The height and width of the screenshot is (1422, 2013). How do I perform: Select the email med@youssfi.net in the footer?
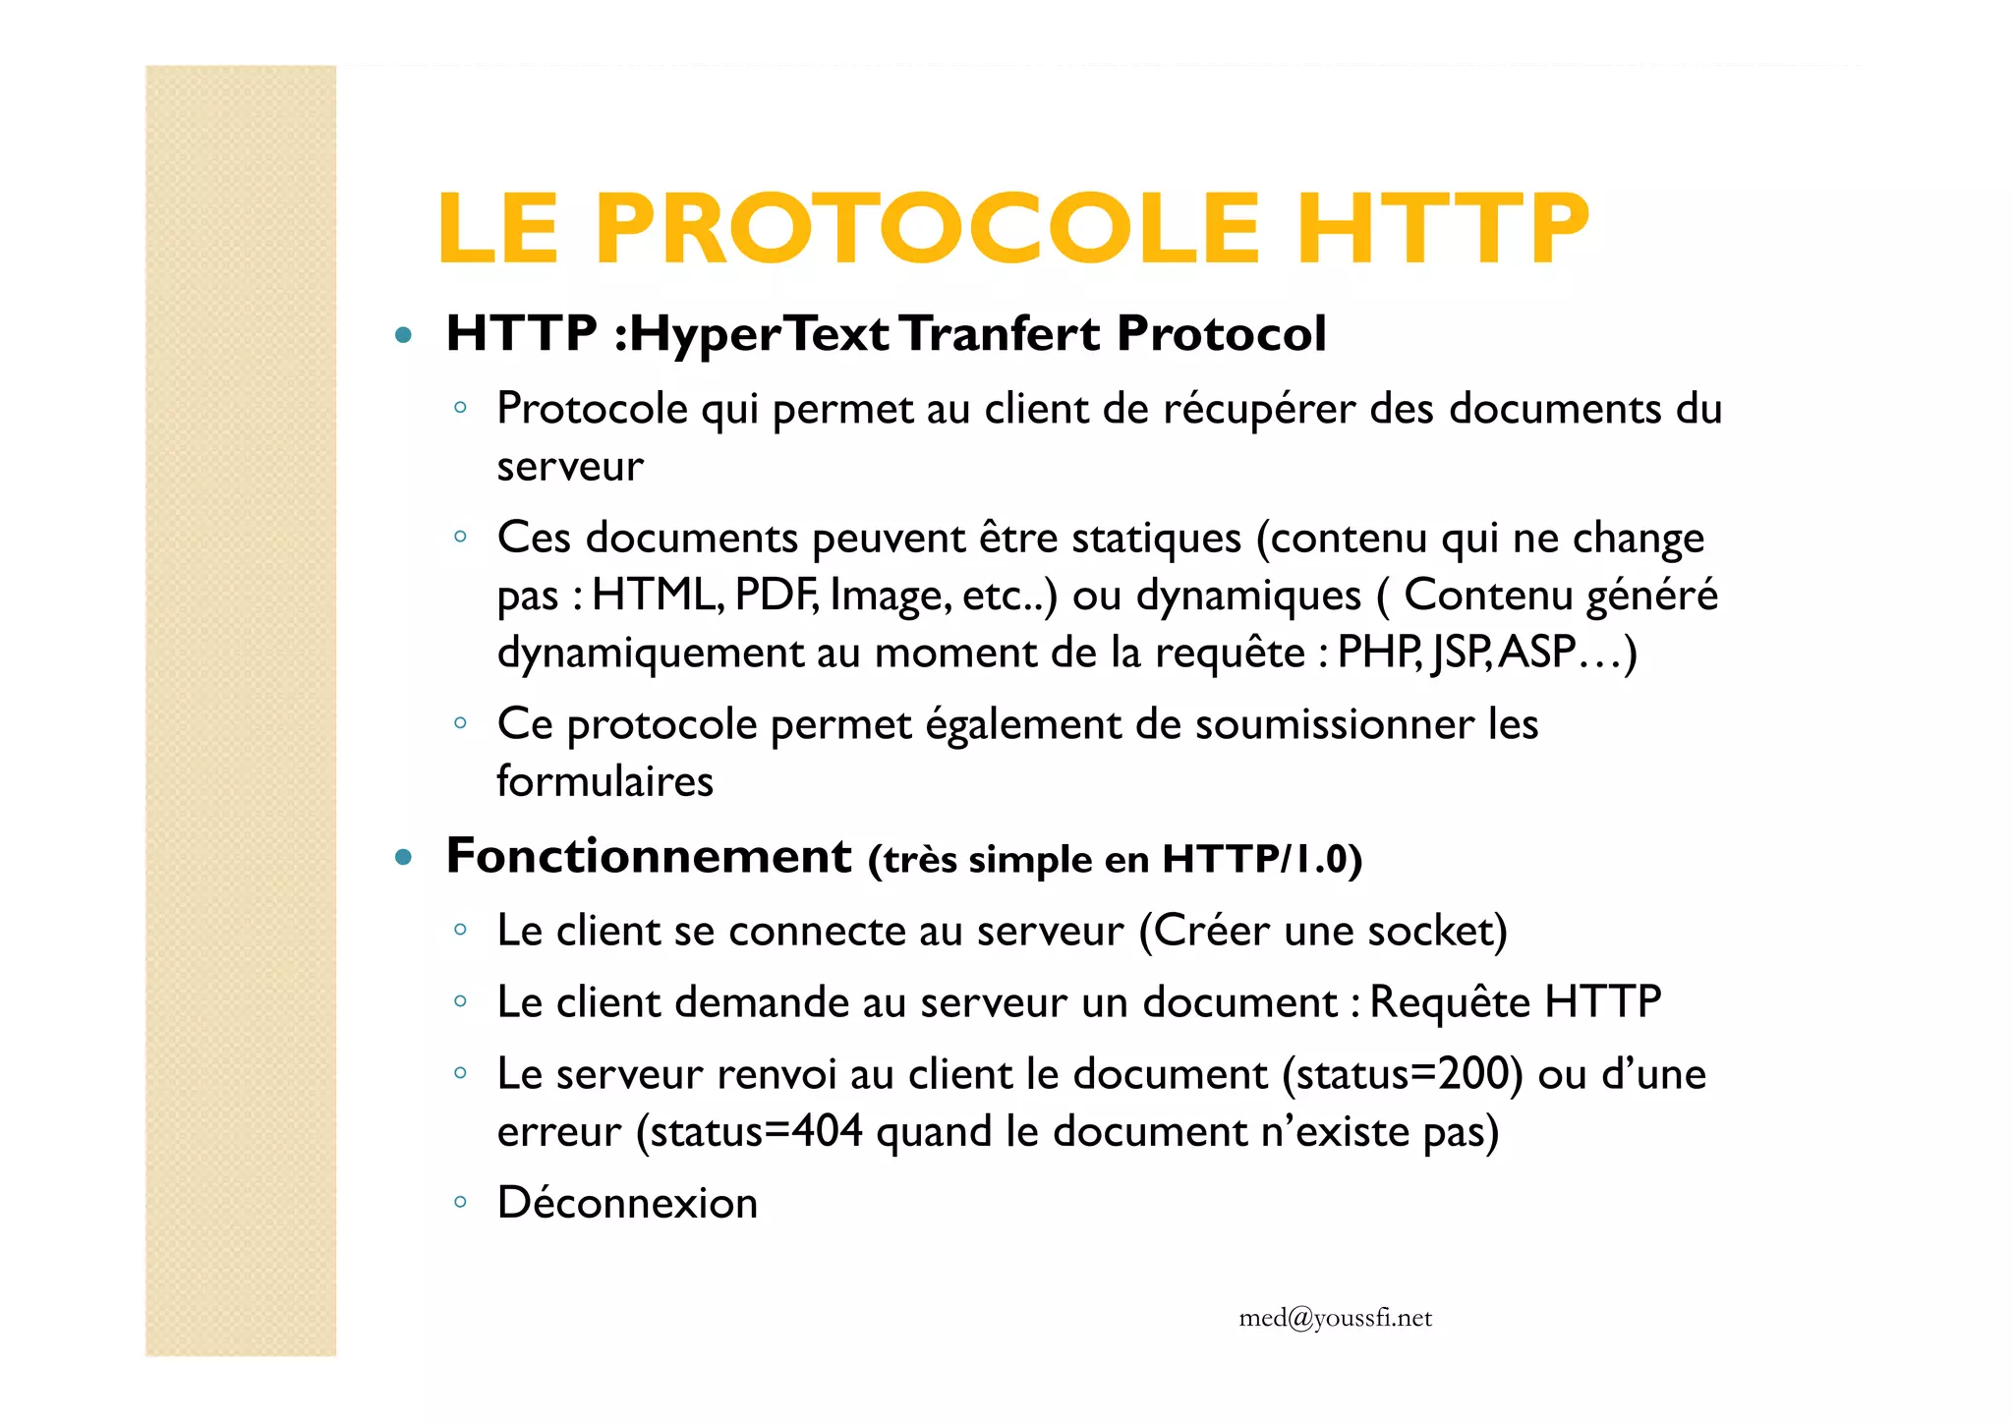(1335, 1318)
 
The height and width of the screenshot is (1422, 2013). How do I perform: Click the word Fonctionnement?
(649, 856)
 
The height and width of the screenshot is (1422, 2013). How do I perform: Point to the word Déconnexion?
(627, 1203)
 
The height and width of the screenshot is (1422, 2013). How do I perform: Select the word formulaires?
(604, 782)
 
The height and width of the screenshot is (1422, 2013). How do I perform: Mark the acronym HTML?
(654, 596)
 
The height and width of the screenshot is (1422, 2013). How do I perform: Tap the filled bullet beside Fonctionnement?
(402, 857)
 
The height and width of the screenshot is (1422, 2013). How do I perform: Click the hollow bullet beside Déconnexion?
(460, 1202)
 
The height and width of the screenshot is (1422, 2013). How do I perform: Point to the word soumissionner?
(1334, 725)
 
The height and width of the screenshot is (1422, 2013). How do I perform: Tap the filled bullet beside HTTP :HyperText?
(402, 335)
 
